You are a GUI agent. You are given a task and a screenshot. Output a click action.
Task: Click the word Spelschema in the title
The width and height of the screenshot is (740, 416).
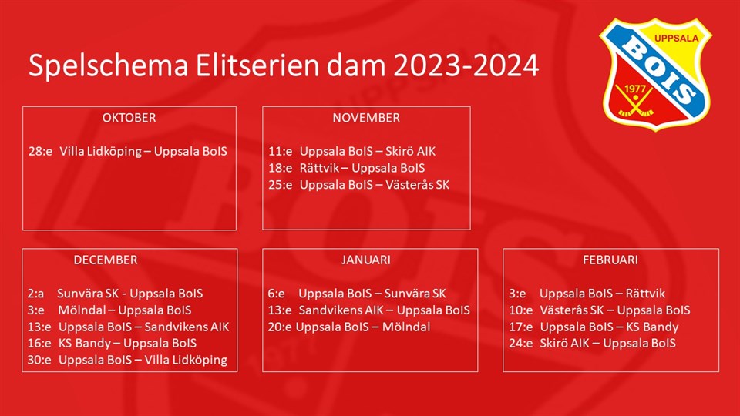(109, 66)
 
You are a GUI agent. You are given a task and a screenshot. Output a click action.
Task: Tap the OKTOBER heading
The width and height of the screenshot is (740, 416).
(129, 117)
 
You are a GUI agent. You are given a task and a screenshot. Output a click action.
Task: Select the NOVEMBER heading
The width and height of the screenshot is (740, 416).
(366, 117)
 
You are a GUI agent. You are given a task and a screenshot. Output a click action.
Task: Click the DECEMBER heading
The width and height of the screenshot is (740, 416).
(106, 260)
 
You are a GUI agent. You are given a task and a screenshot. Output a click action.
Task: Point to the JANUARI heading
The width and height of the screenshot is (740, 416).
(366, 260)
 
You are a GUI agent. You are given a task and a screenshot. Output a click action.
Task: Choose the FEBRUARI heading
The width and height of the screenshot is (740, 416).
(610, 260)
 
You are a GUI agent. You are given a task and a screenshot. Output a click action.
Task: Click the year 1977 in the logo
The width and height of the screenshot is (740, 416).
(634, 89)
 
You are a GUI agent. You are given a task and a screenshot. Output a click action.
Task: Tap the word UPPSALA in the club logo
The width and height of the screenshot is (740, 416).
(676, 39)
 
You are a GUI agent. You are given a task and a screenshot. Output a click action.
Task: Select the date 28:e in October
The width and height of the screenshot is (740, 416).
(41, 152)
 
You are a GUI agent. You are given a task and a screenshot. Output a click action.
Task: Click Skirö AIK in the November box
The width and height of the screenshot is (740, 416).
(411, 152)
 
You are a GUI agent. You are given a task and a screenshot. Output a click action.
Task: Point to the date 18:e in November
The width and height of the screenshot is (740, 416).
(281, 168)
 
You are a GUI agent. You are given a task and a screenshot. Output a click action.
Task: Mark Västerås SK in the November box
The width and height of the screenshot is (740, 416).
(418, 184)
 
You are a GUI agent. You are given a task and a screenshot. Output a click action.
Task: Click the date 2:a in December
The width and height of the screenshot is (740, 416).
(36, 294)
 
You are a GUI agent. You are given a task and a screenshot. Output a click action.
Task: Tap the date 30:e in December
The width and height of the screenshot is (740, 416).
(39, 360)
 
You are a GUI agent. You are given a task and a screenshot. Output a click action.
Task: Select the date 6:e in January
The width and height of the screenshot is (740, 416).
(277, 294)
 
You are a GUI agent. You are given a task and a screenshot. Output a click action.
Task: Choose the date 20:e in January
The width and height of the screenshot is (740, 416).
(280, 327)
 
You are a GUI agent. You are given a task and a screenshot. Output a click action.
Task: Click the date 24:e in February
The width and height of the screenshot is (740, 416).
(521, 344)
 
